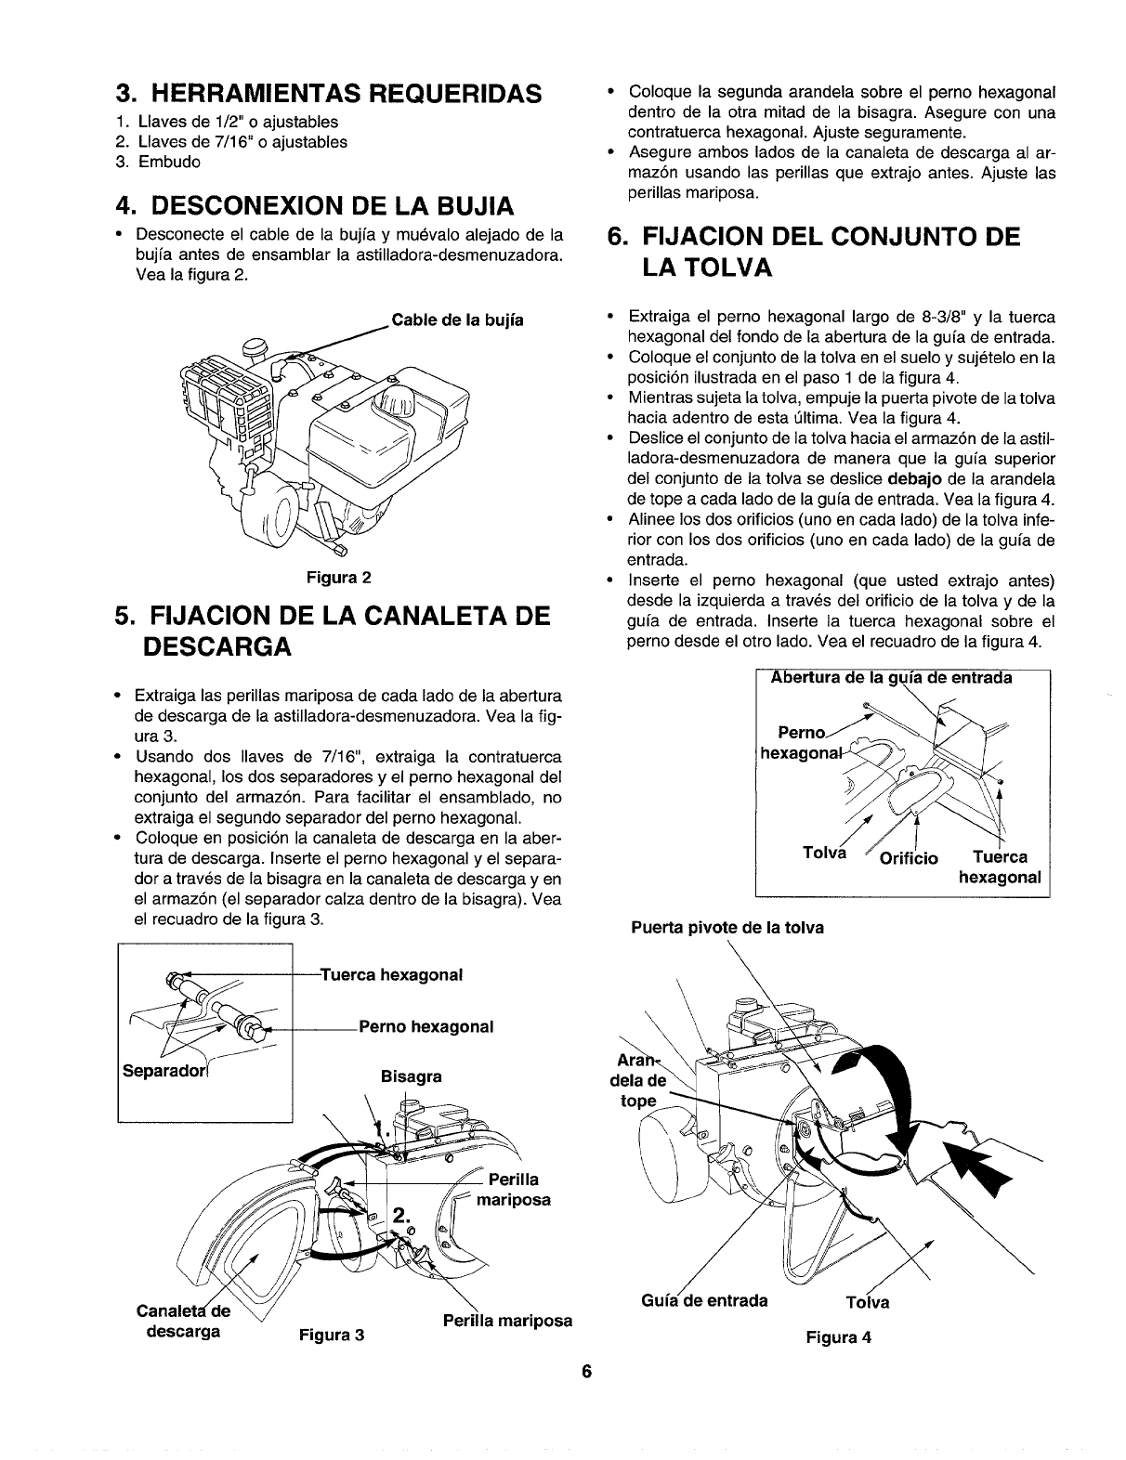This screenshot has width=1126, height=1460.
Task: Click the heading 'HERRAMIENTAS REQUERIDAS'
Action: (x=328, y=93)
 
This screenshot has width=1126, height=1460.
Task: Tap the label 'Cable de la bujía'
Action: (x=458, y=320)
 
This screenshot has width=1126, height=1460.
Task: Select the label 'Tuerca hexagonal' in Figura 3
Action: (x=391, y=975)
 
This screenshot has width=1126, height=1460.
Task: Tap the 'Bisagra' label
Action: (x=411, y=1077)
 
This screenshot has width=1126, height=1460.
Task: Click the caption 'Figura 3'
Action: (x=330, y=1336)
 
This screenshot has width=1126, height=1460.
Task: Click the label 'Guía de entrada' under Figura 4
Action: (x=704, y=1300)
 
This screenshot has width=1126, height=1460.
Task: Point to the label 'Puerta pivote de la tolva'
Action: (x=727, y=928)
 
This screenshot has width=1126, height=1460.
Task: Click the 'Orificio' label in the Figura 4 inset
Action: (x=908, y=856)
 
